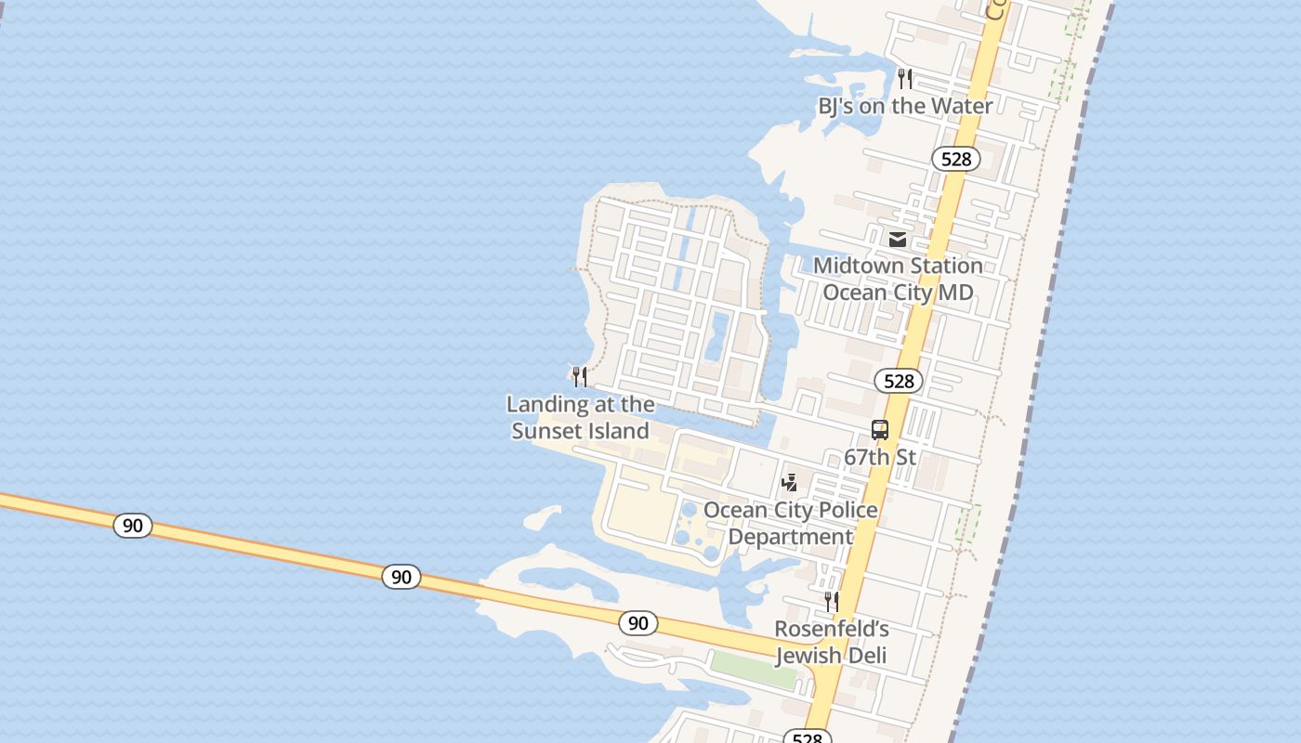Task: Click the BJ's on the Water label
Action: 905,106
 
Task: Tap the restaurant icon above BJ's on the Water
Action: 905,79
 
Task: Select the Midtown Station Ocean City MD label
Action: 898,279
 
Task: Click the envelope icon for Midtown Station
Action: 897,240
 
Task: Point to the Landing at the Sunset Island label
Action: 580,418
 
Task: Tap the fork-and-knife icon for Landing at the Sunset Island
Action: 580,376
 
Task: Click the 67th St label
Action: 879,457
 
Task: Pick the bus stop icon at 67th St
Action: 879,430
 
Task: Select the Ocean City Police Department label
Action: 790,523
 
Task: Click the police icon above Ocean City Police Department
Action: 790,482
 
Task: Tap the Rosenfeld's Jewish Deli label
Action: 831,642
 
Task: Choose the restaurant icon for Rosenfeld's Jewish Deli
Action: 832,602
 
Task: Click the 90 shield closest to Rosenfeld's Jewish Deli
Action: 637,622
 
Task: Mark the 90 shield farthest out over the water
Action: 133,526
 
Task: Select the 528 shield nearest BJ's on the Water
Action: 955,159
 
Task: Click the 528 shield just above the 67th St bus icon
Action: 899,381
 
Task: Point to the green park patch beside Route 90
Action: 754,670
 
